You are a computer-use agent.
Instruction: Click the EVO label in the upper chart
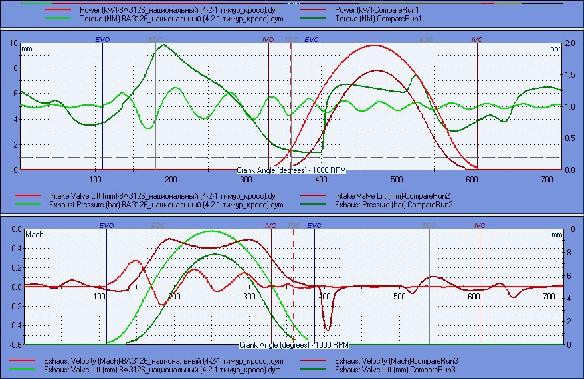tap(102, 40)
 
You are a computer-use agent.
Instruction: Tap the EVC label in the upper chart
tap(312, 40)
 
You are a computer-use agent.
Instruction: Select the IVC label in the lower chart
tap(480, 226)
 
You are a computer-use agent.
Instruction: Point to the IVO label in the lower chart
tap(270, 226)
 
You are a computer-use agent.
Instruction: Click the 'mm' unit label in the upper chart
tap(27, 49)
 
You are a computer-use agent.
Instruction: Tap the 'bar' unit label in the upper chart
tap(555, 49)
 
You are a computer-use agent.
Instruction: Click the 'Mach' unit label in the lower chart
tap(33, 235)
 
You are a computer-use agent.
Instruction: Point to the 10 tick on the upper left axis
tap(14, 43)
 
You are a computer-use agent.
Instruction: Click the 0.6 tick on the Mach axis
tap(13, 229)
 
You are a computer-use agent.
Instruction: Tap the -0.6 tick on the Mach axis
tap(11, 345)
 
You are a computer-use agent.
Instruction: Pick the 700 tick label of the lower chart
tap(548, 296)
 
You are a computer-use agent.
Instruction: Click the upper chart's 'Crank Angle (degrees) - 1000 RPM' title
tap(292, 170)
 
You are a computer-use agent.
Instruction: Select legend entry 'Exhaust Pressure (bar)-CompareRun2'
tap(394, 205)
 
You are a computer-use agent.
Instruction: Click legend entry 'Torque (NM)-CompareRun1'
tap(379, 20)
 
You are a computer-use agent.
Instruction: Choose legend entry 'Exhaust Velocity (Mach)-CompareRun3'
tap(397, 360)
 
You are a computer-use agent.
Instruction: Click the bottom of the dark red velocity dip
tap(327, 330)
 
